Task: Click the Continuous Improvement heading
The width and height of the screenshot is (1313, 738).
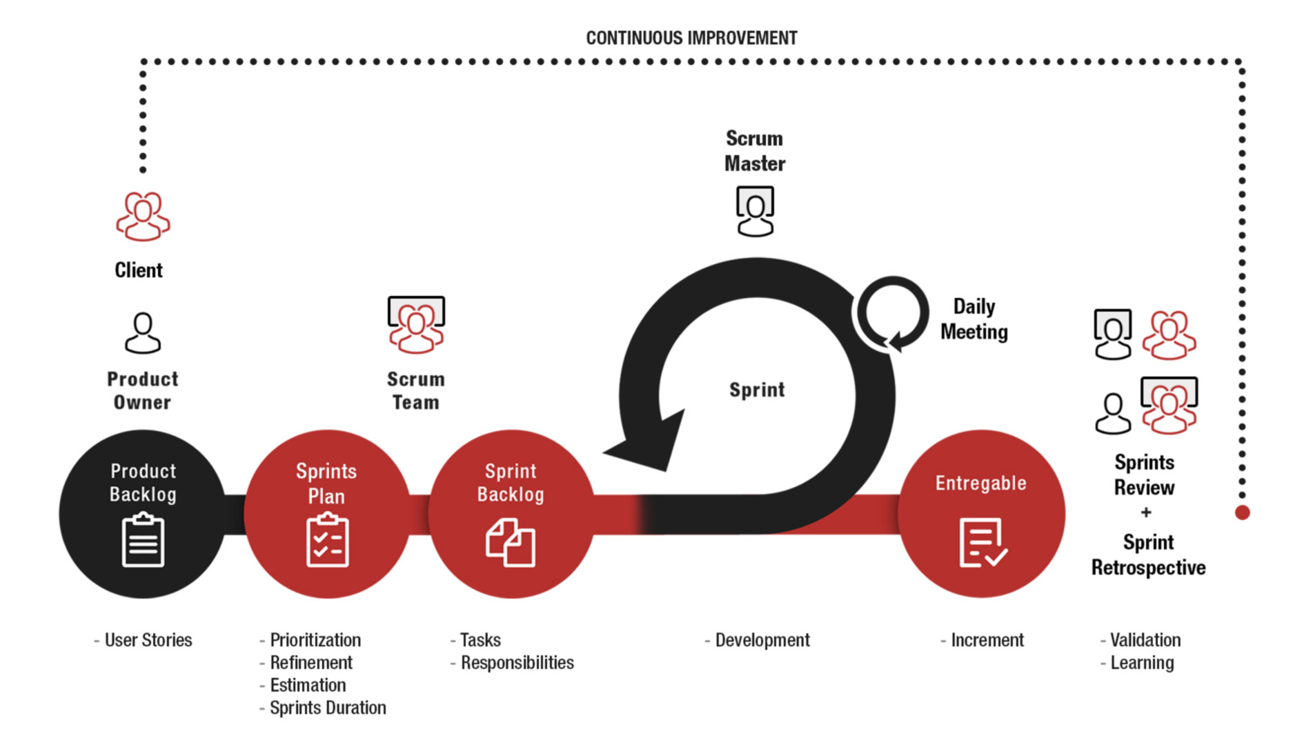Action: pyautogui.click(x=691, y=38)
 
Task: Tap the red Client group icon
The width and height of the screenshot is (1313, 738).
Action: pyautogui.click(x=143, y=216)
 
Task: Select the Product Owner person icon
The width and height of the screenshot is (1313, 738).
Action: pyautogui.click(x=143, y=333)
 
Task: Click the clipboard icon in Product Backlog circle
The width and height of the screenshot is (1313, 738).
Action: pyautogui.click(x=143, y=539)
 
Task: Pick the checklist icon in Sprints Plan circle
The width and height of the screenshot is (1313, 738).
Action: pyautogui.click(x=327, y=539)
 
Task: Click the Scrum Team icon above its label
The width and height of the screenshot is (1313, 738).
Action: pyautogui.click(x=416, y=325)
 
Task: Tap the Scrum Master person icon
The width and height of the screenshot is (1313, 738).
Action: pyautogui.click(x=755, y=211)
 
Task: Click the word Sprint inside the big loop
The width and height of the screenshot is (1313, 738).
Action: pyautogui.click(x=757, y=390)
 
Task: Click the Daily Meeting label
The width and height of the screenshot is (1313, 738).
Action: pyautogui.click(x=974, y=319)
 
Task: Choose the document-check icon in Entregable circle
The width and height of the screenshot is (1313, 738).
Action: pyautogui.click(x=983, y=542)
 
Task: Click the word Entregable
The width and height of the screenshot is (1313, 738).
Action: pyautogui.click(x=980, y=483)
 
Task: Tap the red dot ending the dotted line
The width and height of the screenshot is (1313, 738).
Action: pyautogui.click(x=1242, y=512)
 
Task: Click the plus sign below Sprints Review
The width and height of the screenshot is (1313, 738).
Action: pyautogui.click(x=1146, y=512)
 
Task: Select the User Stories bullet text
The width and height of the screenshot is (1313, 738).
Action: pyautogui.click(x=143, y=640)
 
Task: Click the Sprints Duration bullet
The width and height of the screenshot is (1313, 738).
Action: pyautogui.click(x=323, y=708)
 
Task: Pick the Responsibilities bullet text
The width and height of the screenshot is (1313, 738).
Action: pyautogui.click(x=512, y=663)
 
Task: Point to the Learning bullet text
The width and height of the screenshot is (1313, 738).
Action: pyautogui.click(x=1137, y=663)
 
